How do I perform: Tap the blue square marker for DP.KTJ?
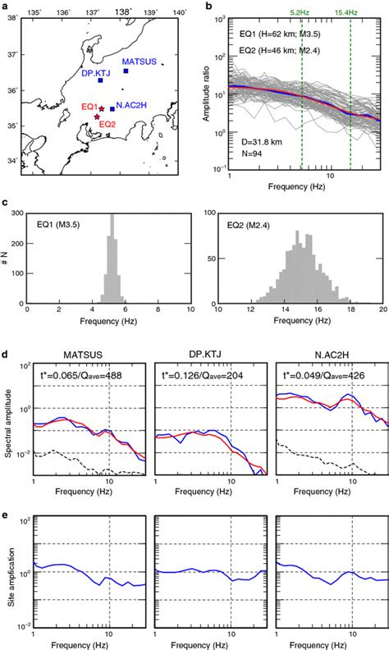(x=100, y=80)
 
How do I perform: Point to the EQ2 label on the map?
(x=108, y=125)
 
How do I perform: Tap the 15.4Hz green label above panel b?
(x=350, y=12)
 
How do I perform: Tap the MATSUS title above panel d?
(x=71, y=355)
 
